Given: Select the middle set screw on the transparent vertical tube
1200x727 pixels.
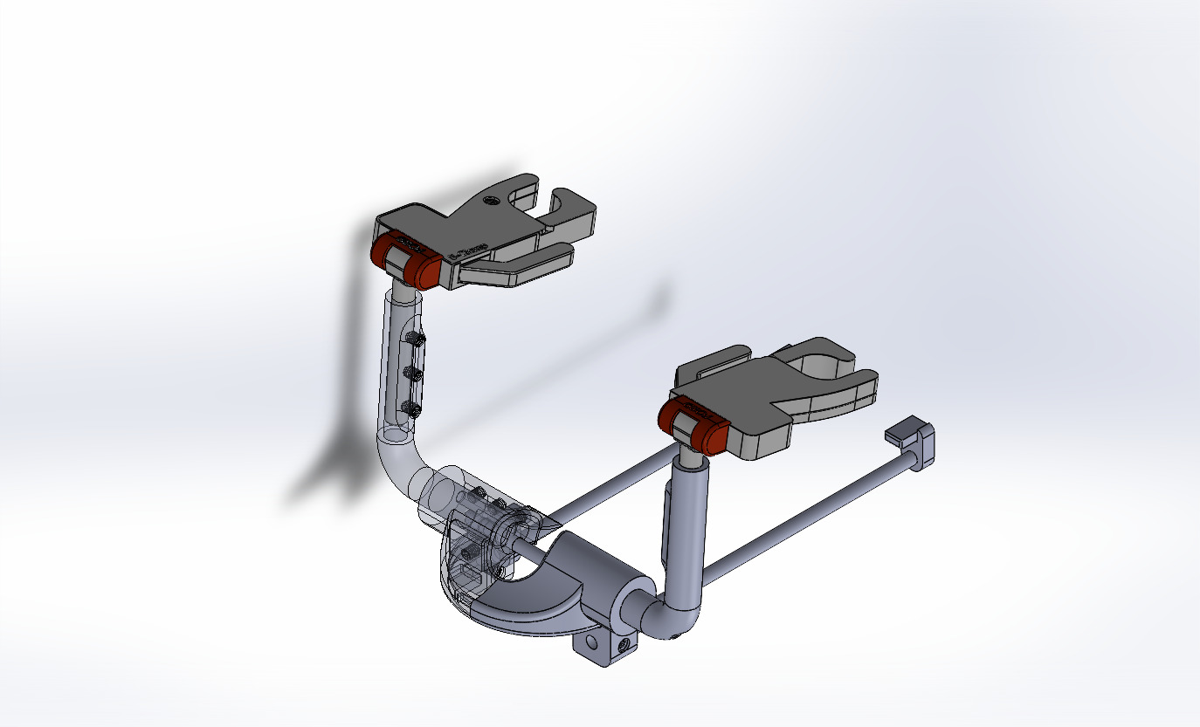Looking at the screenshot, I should (413, 374).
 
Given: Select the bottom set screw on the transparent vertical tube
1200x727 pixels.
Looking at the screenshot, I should (410, 407).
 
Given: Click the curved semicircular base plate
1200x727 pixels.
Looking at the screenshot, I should (524, 611).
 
